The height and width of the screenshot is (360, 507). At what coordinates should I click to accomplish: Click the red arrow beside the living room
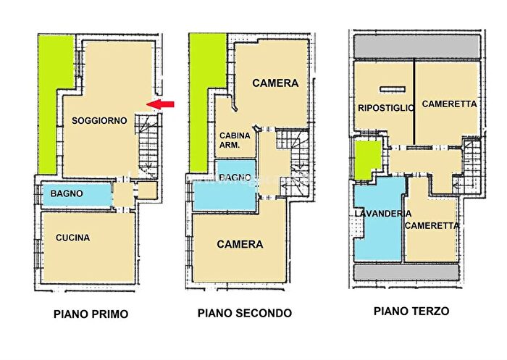pos(165,105)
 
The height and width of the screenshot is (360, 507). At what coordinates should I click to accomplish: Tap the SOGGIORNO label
pos(99,120)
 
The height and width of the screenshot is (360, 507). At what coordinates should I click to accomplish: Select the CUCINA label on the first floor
pos(73,238)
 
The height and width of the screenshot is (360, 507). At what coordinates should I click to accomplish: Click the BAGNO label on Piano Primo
pos(67,194)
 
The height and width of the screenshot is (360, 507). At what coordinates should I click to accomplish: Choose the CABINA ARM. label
pos(235,140)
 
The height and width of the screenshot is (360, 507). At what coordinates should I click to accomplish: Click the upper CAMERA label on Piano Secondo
pos(275,83)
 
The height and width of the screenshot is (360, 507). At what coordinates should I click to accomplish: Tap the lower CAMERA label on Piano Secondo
pos(240,244)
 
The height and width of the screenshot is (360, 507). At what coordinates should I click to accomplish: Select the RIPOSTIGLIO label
pos(386,108)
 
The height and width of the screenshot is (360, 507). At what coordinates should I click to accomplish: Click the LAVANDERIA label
pos(383,214)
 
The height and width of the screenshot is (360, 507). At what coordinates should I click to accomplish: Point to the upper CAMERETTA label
pos(449,104)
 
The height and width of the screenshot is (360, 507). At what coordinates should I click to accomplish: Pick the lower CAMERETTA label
pos(432,225)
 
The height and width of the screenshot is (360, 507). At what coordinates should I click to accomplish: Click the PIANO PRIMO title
pos(91,314)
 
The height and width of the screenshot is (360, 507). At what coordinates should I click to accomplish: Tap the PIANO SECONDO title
pos(245,313)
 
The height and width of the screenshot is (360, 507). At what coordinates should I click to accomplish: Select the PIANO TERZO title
pos(411,311)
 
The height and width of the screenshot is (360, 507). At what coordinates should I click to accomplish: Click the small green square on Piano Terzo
pos(367,159)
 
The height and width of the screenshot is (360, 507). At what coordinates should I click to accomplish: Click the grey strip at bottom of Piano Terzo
pos(406,272)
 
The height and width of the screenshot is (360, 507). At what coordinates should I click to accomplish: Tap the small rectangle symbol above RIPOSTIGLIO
pos(391,89)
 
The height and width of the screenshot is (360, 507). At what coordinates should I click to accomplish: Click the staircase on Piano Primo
pos(148,145)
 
